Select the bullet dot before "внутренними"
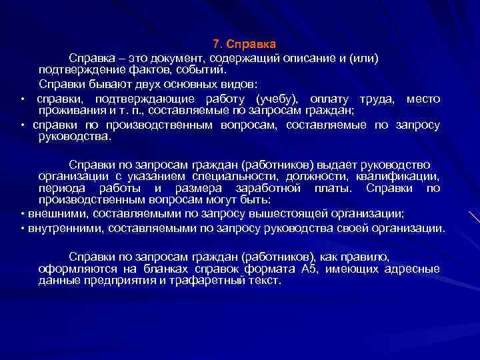23,229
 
